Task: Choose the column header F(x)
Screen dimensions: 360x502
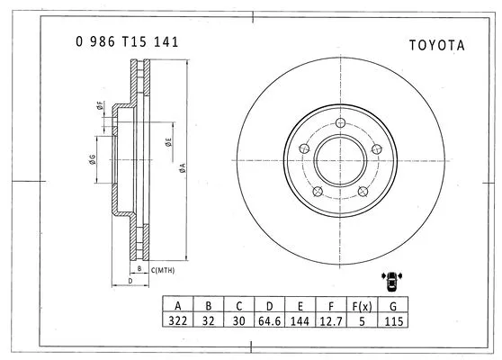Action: (x=362, y=304)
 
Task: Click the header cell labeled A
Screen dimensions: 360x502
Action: (x=178, y=304)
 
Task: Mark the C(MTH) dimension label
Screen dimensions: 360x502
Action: (x=163, y=269)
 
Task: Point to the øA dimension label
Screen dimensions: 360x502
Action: (x=183, y=166)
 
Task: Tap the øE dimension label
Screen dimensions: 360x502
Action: (x=169, y=140)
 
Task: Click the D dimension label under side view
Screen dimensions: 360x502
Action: (x=130, y=282)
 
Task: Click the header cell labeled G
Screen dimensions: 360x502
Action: (x=392, y=304)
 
